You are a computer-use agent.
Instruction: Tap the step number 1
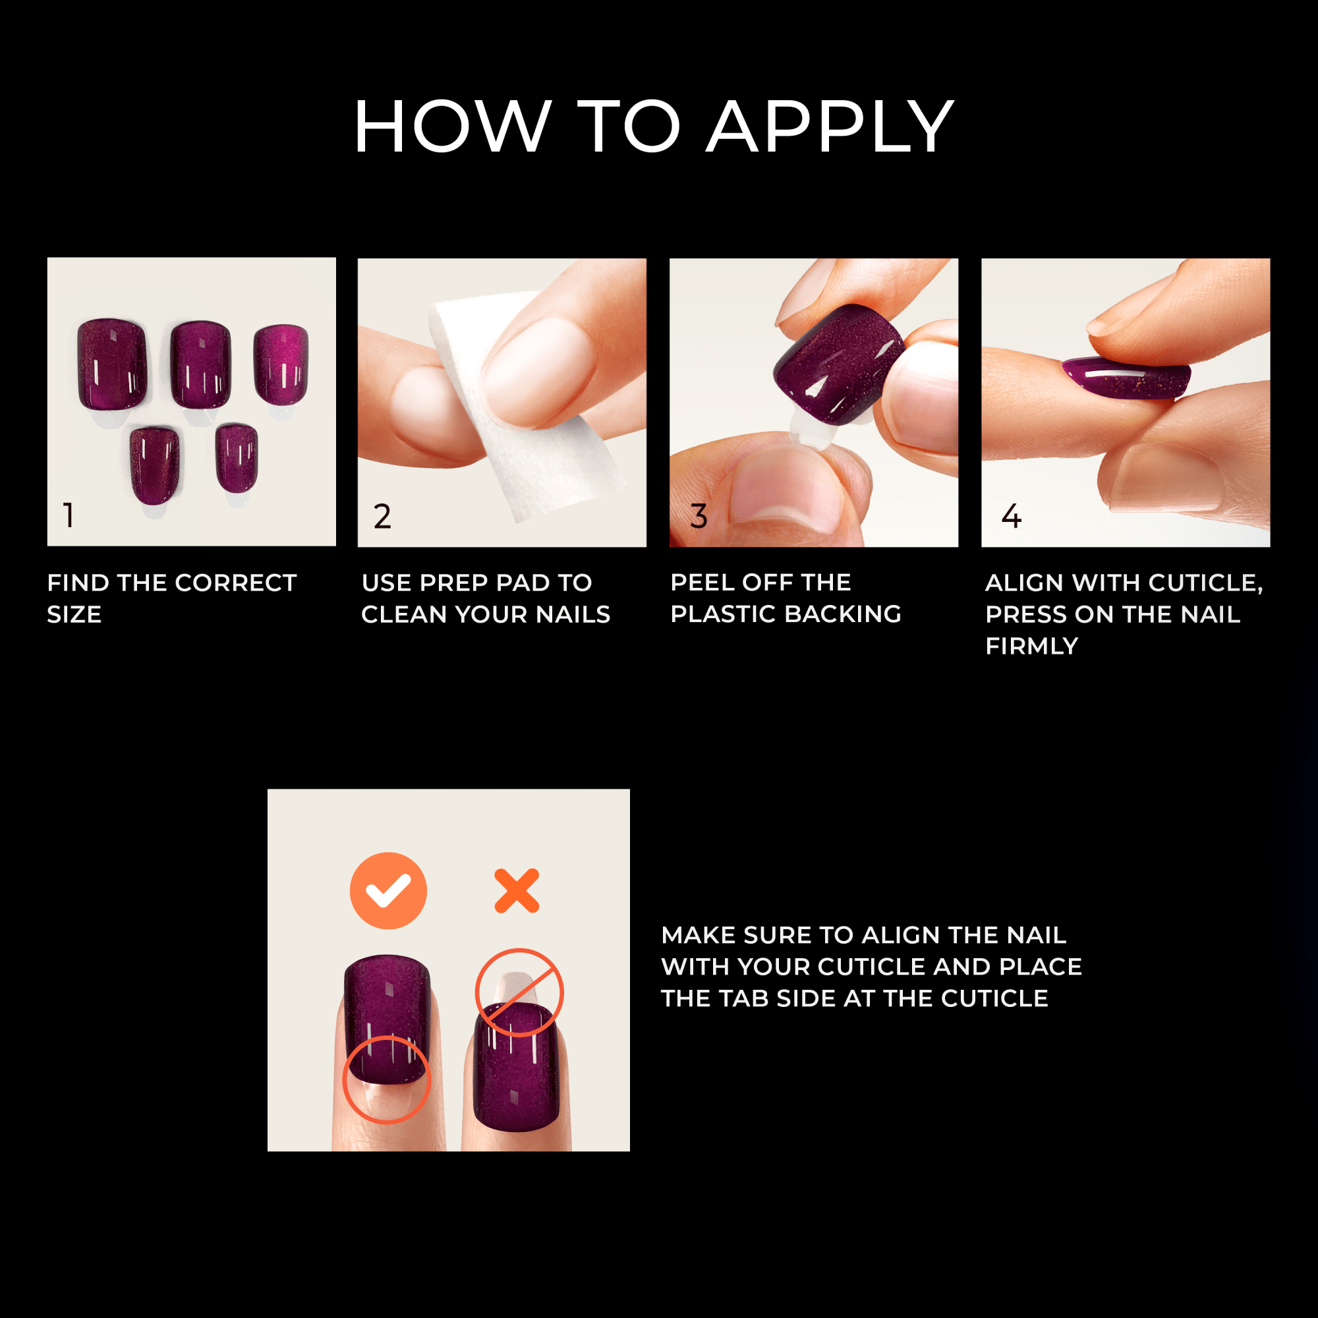tap(69, 515)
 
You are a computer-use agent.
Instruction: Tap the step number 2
tap(382, 517)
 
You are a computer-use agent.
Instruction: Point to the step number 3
tap(699, 517)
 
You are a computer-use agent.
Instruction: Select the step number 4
tap(1011, 517)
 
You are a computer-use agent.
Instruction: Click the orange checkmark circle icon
tap(388, 891)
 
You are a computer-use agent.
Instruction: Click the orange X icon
tap(517, 891)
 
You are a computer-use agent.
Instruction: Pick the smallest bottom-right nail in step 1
tap(237, 457)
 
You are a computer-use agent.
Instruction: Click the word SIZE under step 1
tap(74, 615)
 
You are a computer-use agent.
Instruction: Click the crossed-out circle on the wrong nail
tap(519, 992)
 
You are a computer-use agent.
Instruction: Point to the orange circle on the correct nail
tap(386, 1079)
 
